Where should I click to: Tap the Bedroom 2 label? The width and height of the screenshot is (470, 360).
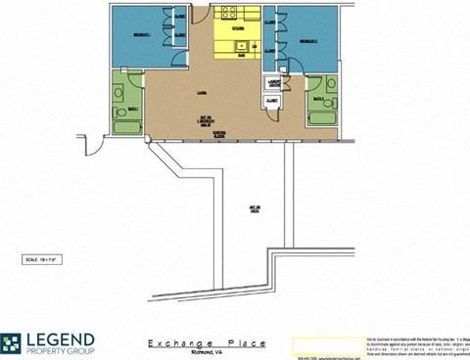[306, 40]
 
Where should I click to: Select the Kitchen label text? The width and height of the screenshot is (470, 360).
[237, 29]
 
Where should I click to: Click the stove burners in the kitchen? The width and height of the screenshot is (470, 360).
[231, 13]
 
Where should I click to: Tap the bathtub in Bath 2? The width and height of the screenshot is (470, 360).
[321, 121]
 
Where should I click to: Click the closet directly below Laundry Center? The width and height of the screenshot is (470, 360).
[272, 101]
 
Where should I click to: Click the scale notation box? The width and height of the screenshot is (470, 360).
[45, 259]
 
